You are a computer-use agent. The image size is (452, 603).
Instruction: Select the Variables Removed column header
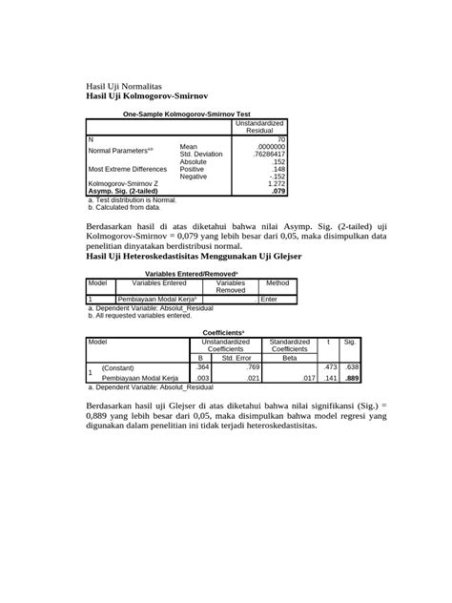pyautogui.click(x=231, y=286)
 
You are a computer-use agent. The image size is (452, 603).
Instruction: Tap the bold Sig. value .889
pyautogui.click(x=350, y=378)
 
